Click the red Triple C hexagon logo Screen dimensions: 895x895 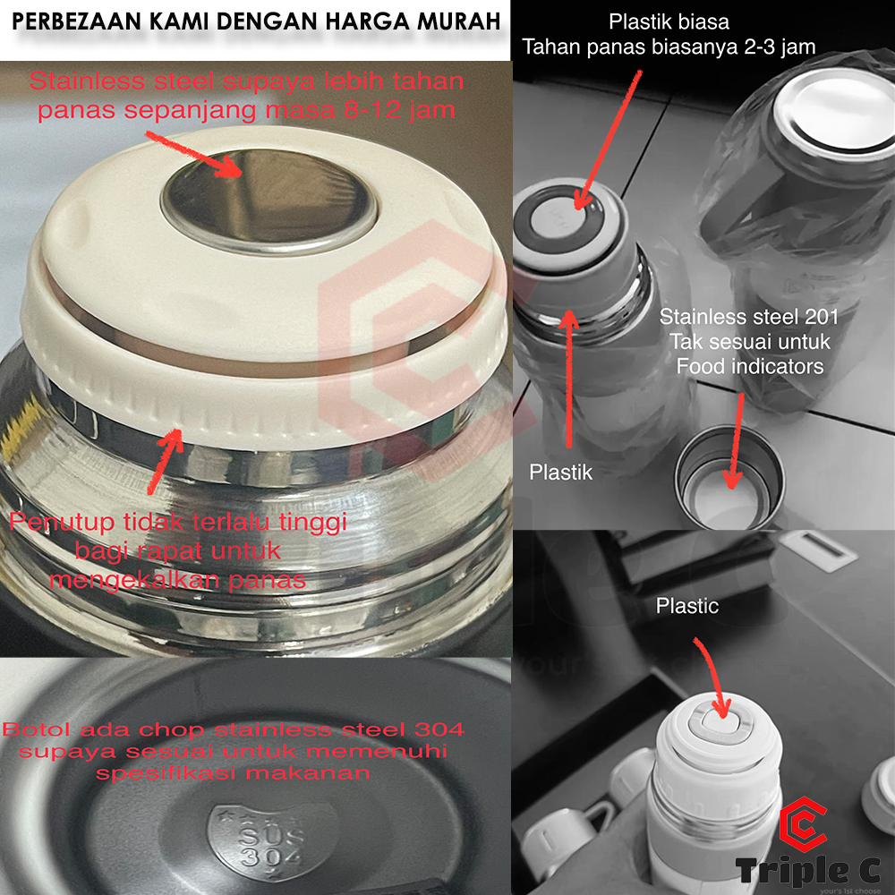point(804,824)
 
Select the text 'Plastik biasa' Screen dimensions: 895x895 point(669,21)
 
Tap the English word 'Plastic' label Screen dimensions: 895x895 point(686,606)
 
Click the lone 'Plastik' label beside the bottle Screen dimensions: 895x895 point(560,472)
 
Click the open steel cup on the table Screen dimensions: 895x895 point(729,478)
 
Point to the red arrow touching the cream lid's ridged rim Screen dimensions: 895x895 point(165,461)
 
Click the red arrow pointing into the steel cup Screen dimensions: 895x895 point(735,441)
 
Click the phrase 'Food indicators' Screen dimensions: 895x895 point(750,366)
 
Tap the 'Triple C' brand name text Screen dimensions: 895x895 point(808,871)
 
